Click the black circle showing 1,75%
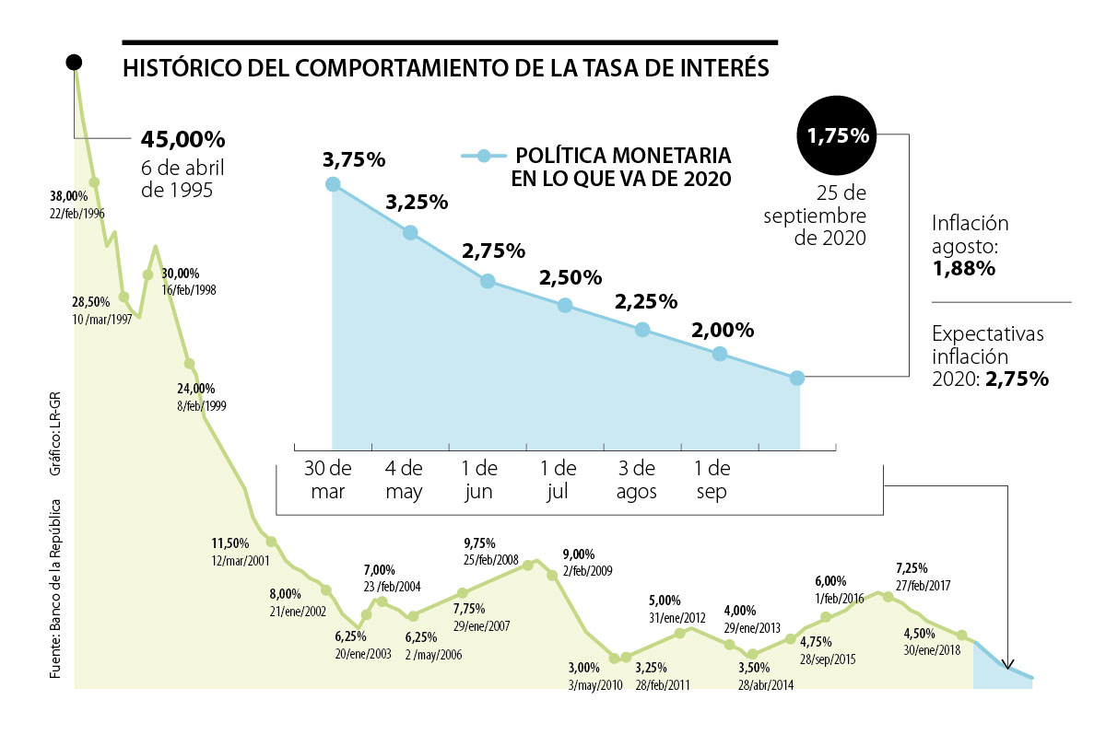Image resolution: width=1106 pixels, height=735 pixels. click(838, 135)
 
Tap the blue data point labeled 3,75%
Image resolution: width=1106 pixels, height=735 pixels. click(333, 184)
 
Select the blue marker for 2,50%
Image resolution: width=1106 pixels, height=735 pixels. click(565, 306)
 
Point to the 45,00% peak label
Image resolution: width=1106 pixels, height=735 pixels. click(183, 139)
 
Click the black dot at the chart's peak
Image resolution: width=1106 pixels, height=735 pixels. click(75, 63)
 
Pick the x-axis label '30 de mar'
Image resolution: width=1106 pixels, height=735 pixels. click(328, 479)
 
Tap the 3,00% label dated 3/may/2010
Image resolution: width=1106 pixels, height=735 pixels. click(583, 668)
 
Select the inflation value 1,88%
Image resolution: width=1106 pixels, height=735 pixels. click(964, 269)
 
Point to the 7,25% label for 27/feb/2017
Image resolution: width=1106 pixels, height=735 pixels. click(912, 568)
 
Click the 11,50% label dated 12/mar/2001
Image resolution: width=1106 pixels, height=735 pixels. click(230, 542)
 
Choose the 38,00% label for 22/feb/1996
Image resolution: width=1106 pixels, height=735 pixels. click(68, 195)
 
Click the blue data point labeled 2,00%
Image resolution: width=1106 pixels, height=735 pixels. click(720, 354)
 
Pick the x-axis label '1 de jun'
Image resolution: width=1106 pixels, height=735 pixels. click(479, 479)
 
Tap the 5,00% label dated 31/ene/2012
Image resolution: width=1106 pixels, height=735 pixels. click(665, 601)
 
